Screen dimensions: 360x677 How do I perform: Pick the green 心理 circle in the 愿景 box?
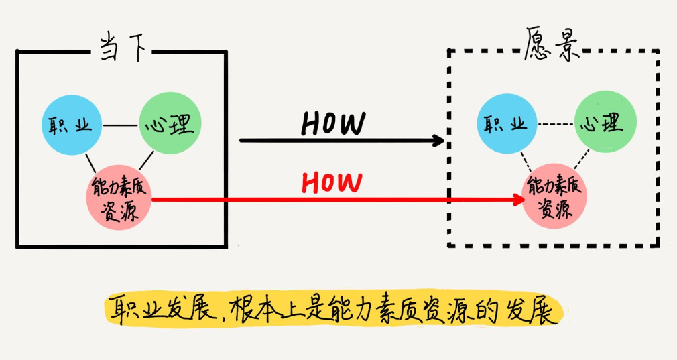click(606, 123)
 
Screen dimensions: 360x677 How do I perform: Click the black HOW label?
click(333, 123)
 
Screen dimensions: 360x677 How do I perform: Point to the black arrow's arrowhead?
click(439, 141)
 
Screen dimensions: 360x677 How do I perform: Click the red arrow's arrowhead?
click(519, 199)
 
